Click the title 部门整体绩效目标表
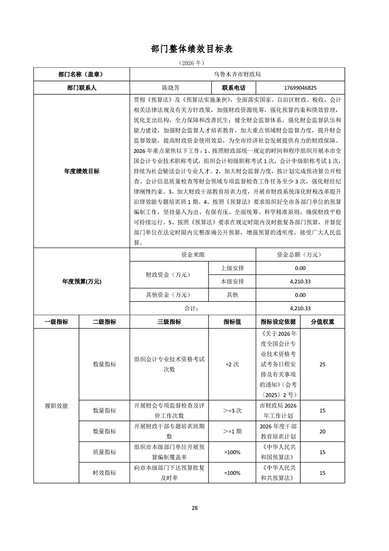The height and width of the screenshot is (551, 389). coord(194,49)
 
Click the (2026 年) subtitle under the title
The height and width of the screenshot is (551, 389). coord(194,63)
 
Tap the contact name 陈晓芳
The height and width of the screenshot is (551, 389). coord(171,87)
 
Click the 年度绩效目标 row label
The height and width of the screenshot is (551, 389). coord(81,171)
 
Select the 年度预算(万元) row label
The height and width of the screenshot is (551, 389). coord(81,282)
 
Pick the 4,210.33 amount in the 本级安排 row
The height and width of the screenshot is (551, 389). coord(301,281)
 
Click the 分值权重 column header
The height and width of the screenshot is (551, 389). coord(322,322)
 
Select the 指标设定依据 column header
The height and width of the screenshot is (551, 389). coord(278,322)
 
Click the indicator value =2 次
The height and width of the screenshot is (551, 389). coord(232,364)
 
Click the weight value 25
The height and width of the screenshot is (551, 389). coord(322,364)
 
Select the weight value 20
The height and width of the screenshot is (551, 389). coord(322,431)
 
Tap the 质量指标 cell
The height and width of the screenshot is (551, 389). coord(104,452)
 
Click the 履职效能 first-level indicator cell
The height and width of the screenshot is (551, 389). coord(56,406)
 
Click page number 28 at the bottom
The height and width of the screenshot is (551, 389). coord(195,508)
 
